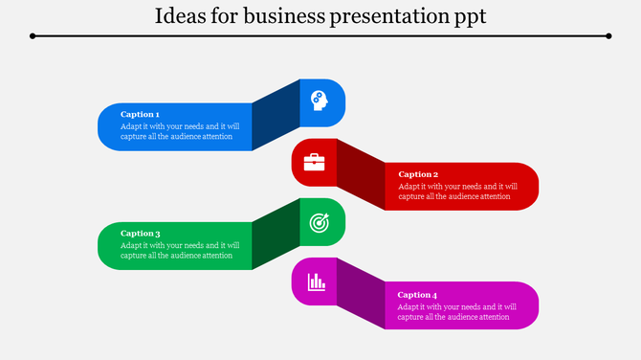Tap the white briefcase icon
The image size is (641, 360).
tap(314, 162)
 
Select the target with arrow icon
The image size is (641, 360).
tap(318, 222)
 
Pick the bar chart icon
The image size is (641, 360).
tap(316, 281)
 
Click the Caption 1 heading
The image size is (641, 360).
tap(140, 114)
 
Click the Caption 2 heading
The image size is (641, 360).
tap(418, 174)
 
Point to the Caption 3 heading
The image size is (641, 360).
tap(140, 233)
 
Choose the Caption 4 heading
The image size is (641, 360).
tap(418, 294)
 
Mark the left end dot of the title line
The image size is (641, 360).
tap(33, 36)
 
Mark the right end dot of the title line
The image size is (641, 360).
tap(608, 36)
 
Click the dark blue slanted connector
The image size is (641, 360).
tap(276, 115)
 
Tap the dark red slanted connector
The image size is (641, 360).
tap(361, 174)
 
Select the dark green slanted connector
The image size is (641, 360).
tap(276, 235)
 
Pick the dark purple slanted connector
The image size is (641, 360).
tap(361, 294)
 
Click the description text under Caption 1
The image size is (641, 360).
tap(180, 131)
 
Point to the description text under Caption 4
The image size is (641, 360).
tap(457, 311)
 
